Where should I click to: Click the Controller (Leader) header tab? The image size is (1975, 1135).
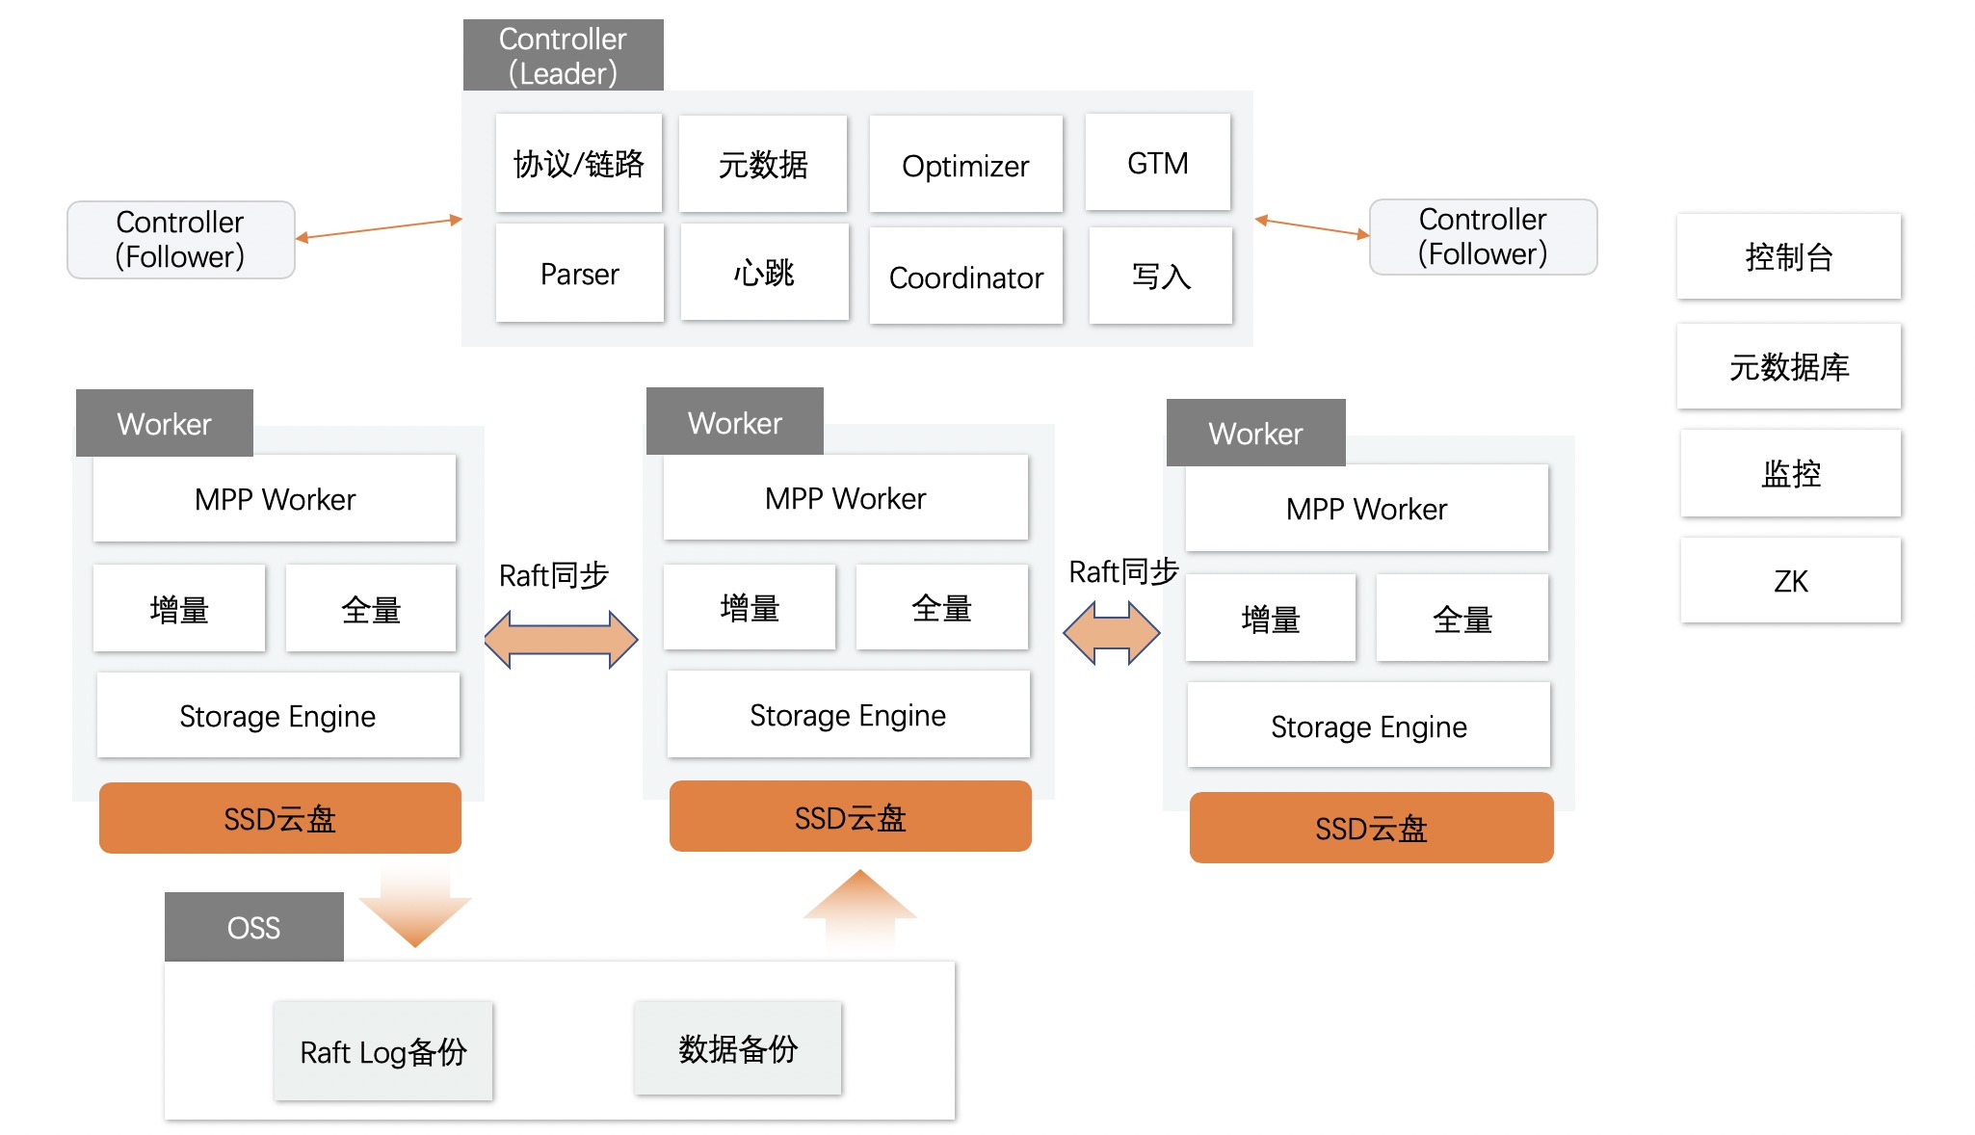[563, 55]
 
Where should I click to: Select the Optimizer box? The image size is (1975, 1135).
[965, 165]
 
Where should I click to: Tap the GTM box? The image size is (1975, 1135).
[1157, 163]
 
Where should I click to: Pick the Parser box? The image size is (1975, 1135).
[579, 274]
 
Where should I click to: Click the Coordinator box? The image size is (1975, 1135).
[965, 277]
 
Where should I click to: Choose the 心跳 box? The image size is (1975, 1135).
[764, 273]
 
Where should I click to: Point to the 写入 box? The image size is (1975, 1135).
[1160, 276]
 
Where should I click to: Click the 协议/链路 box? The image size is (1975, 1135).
[578, 164]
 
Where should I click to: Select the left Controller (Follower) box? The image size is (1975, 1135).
[180, 240]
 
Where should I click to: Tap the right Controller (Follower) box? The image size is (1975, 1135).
[1483, 237]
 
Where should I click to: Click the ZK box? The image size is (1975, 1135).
[1790, 581]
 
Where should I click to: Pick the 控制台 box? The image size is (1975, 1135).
[1788, 257]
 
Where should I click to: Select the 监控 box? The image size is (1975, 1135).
[1790, 473]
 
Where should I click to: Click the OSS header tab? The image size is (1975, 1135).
[253, 927]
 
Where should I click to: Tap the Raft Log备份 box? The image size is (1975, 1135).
[382, 1051]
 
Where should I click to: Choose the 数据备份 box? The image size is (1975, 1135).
[737, 1048]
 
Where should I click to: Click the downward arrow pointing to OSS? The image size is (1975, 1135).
[415, 906]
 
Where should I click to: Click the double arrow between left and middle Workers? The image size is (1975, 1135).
[561, 639]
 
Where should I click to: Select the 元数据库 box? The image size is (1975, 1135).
[1788, 367]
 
